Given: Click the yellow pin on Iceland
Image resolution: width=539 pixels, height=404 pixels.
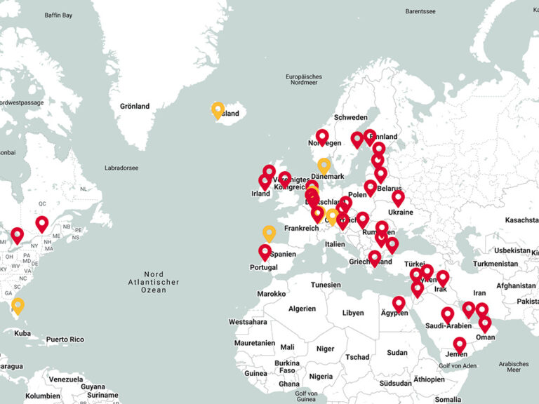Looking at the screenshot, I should pyautogui.click(x=218, y=109).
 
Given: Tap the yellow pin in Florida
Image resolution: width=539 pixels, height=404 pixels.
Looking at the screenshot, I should pyautogui.click(x=18, y=305).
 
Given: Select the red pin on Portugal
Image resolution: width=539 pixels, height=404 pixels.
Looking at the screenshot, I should pyautogui.click(x=265, y=251).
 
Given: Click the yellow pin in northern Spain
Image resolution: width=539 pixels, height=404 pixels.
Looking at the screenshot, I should pyautogui.click(x=269, y=232).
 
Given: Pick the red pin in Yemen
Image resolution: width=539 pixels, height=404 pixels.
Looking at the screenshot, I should pyautogui.click(x=460, y=344).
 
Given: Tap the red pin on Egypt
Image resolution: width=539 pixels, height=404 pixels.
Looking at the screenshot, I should pyautogui.click(x=399, y=303).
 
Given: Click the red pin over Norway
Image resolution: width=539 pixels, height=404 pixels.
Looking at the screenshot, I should pyautogui.click(x=322, y=136).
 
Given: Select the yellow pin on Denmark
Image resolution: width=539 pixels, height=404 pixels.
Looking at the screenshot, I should pyautogui.click(x=324, y=165).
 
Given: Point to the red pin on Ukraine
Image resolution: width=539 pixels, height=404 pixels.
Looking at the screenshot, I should pyautogui.click(x=398, y=198).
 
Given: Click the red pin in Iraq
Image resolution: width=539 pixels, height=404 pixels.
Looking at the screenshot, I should pyautogui.click(x=442, y=278).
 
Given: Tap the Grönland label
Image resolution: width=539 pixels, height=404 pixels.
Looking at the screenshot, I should pyautogui.click(x=135, y=107).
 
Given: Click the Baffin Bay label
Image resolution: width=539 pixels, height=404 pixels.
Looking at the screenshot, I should pyautogui.click(x=58, y=15).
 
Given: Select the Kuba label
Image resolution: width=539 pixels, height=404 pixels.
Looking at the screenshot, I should pyautogui.click(x=22, y=333).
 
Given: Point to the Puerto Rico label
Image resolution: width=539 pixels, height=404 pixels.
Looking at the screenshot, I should pyautogui.click(x=66, y=339).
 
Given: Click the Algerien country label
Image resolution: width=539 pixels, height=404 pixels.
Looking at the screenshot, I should pyautogui.click(x=302, y=309).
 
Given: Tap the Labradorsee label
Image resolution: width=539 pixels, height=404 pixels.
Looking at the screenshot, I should pyautogui.click(x=121, y=168).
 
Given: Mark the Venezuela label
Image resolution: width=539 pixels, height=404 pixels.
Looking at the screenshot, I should pyautogui.click(x=65, y=379).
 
